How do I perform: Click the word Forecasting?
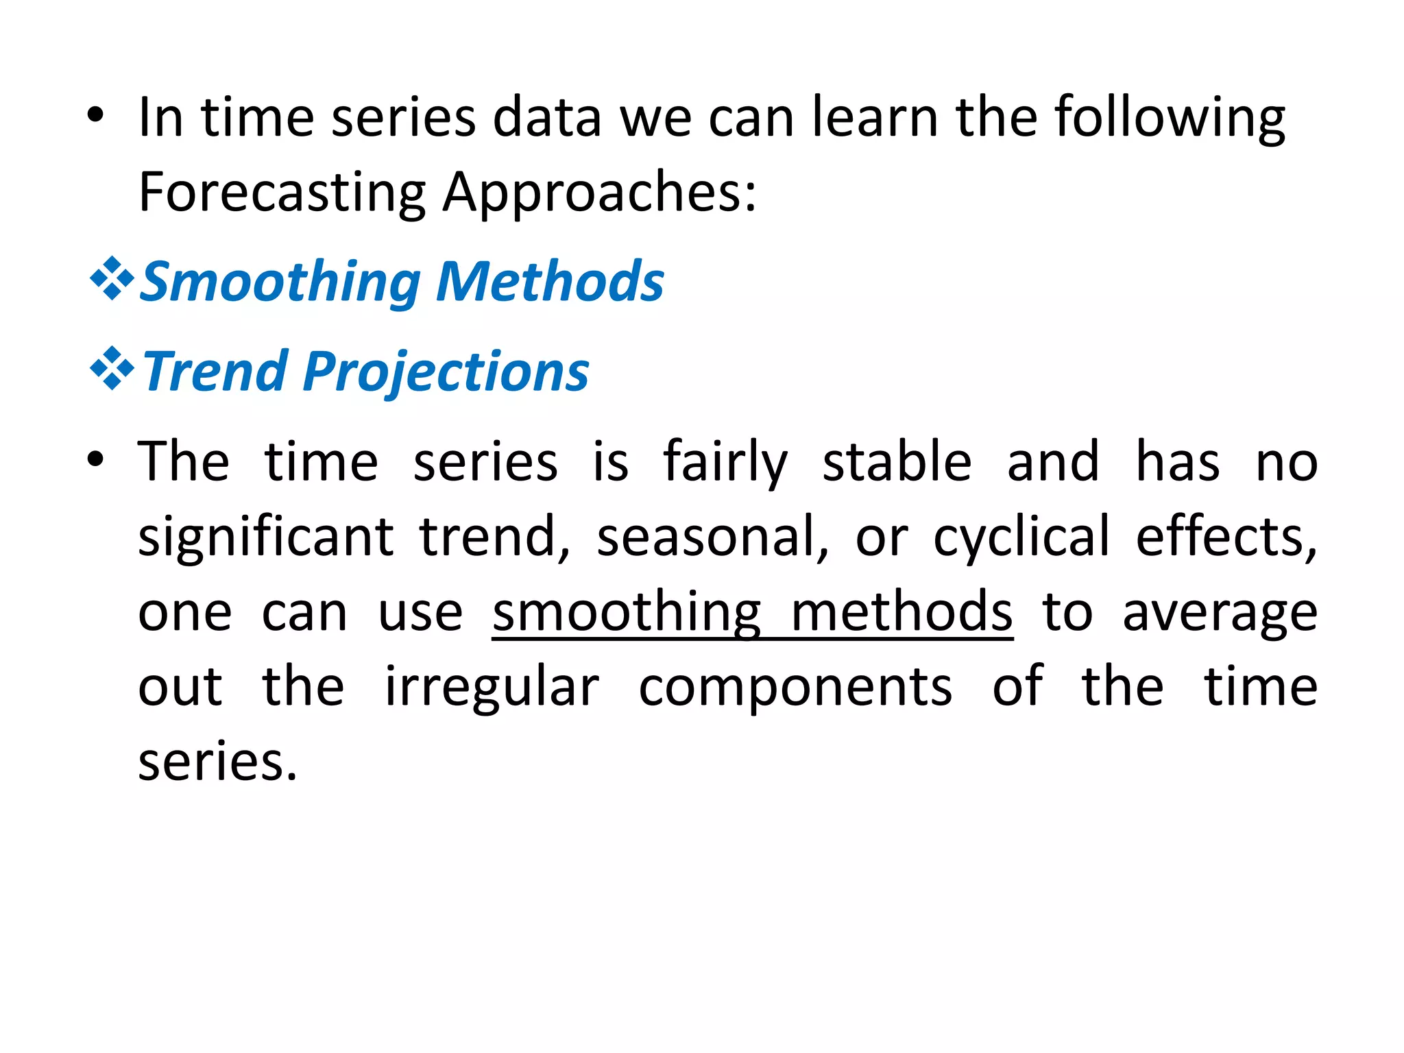point(282,193)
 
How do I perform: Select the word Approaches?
point(600,193)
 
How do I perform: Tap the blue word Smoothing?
point(281,282)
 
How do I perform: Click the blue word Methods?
point(550,282)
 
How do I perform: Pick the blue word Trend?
point(215,371)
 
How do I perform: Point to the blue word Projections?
point(446,371)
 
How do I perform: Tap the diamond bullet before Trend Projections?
point(112,369)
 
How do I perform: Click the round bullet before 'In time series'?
point(96,116)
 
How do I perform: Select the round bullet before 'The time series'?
point(96,460)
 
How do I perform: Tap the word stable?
point(897,461)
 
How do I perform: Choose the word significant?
point(265,537)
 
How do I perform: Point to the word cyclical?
point(1021,537)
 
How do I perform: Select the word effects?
point(1226,537)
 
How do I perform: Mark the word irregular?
point(492,688)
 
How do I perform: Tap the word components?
point(795,688)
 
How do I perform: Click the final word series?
point(217,762)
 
